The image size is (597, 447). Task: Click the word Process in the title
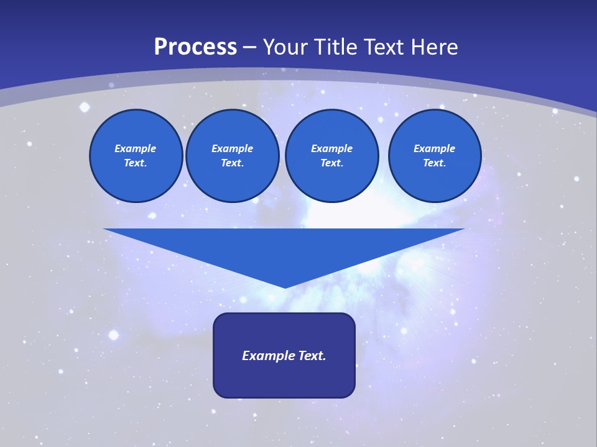click(195, 47)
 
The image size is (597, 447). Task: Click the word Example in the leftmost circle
click(136, 148)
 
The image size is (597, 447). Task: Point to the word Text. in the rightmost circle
click(434, 163)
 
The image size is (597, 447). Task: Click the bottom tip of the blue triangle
click(285, 286)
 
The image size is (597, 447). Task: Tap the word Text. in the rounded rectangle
click(310, 356)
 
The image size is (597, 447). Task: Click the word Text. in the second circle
click(233, 163)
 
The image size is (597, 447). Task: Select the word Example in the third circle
click(331, 148)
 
